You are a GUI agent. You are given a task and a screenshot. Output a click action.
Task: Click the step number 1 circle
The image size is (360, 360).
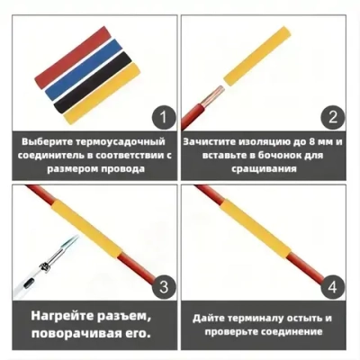click(161, 117)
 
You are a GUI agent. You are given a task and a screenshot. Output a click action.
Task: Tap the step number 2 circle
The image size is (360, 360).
click(332, 117)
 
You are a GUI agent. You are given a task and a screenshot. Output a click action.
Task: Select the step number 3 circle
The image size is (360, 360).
click(161, 288)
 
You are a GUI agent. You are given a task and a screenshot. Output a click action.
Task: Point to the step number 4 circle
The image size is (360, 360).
click(332, 288)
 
